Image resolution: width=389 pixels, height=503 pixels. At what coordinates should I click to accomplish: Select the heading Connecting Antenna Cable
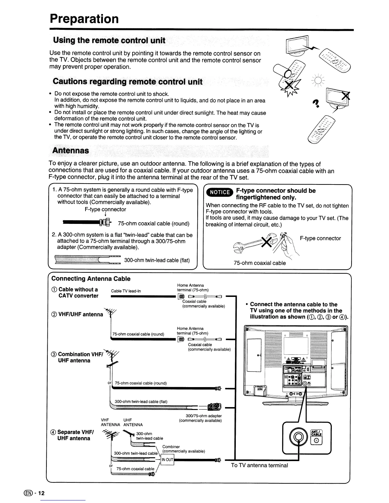[x=91, y=278]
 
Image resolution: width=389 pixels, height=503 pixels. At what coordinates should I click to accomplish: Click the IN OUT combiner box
[x=167, y=459]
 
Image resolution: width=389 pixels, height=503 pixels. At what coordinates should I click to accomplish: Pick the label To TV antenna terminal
[x=259, y=465]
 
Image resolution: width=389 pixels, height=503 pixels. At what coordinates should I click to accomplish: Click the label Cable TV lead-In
[x=126, y=291]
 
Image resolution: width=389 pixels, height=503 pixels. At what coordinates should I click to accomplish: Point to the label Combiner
[x=171, y=446]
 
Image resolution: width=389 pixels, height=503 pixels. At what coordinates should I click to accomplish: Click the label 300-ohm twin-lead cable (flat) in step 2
[x=157, y=260]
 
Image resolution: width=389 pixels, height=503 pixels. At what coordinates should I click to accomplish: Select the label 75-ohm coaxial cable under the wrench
[x=260, y=263]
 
